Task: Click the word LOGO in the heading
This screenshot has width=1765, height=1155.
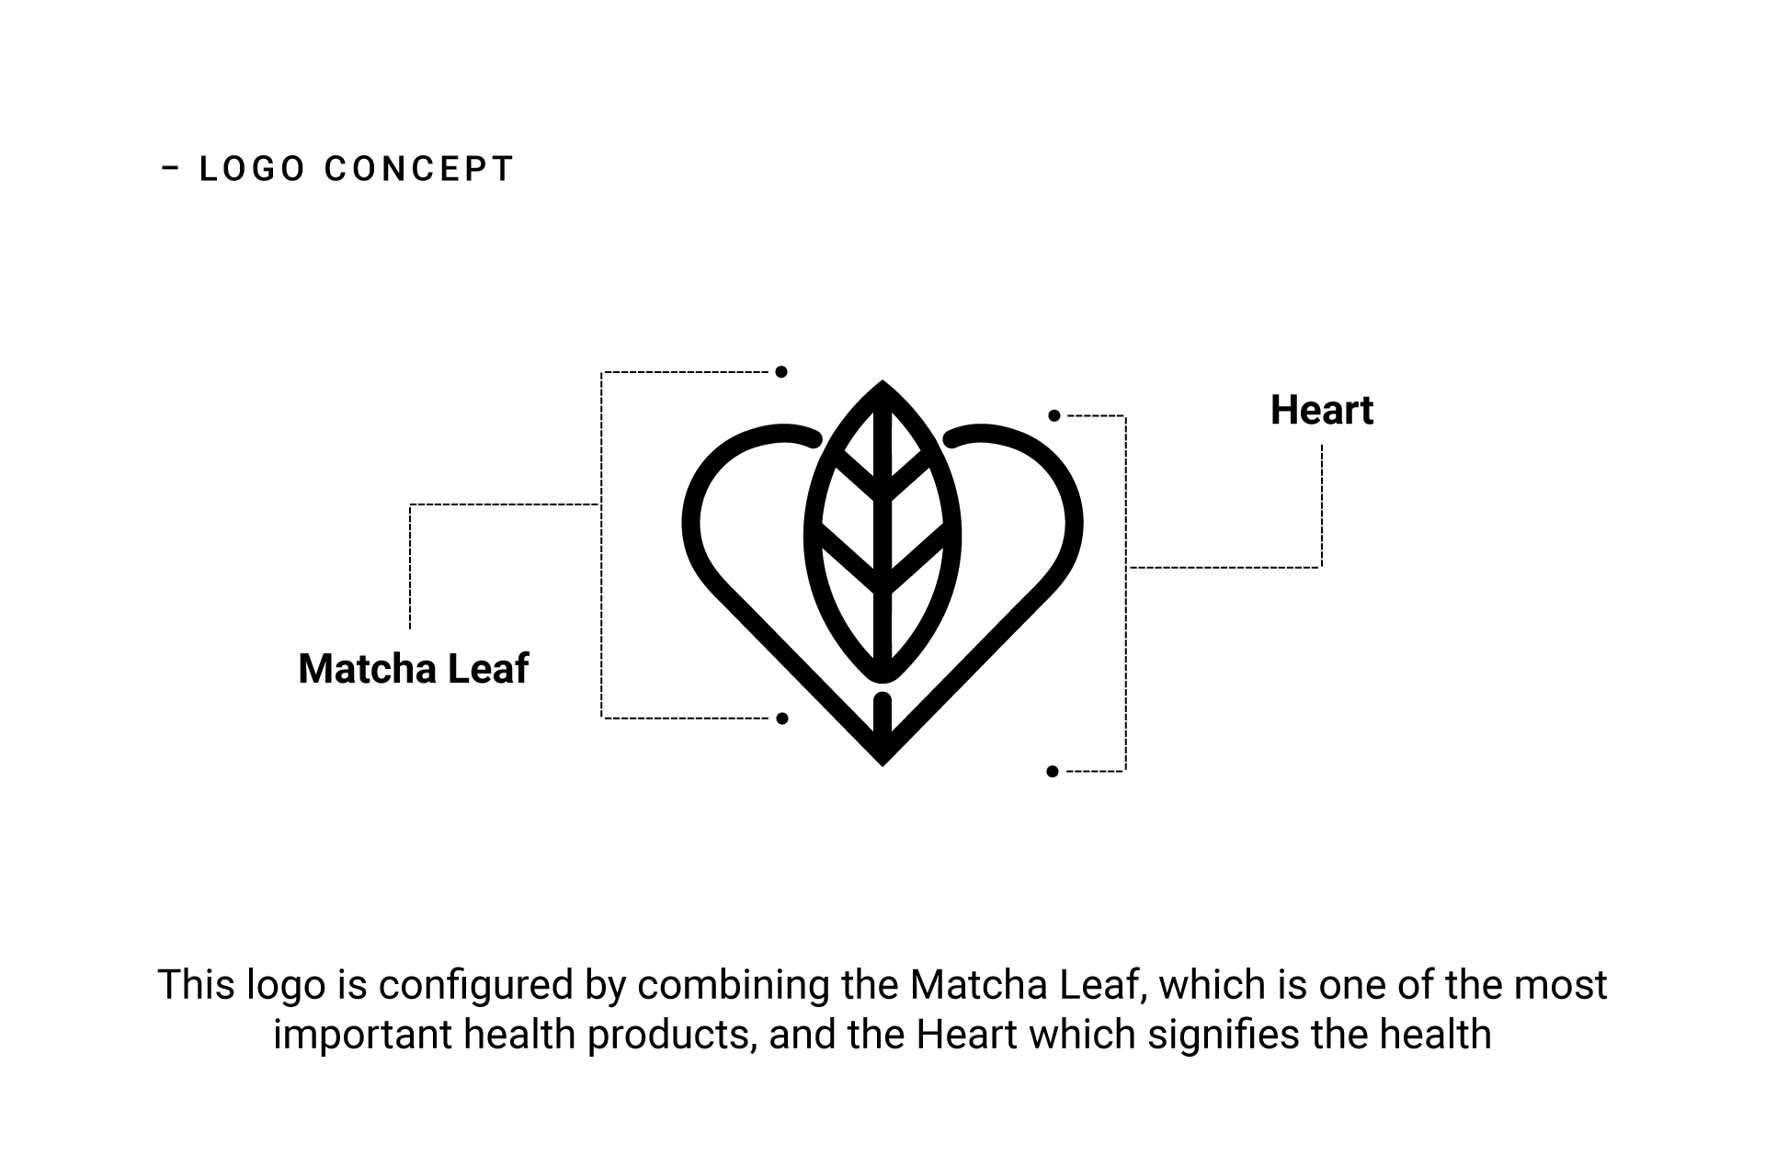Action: [252, 169]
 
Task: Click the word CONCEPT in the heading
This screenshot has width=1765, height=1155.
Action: [418, 169]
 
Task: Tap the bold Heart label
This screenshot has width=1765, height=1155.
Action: [1321, 410]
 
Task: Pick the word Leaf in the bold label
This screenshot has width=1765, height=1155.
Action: [487, 668]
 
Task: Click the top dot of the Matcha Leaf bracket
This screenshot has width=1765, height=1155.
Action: [780, 372]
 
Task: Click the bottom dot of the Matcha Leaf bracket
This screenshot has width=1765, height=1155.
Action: [781, 719]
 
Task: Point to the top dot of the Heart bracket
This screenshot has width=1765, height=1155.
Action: [1054, 416]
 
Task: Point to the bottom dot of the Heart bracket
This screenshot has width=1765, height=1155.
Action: [1053, 772]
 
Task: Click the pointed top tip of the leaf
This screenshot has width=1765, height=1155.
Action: [882, 384]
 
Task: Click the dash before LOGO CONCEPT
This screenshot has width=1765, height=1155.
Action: [170, 169]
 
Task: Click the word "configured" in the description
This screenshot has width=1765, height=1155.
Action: [476, 985]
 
